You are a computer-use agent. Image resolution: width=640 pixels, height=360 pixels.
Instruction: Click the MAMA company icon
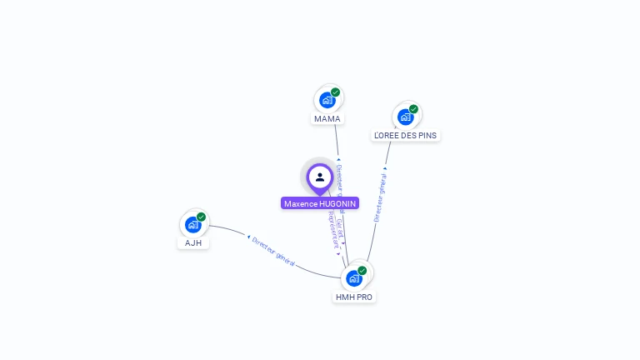coord(327,100)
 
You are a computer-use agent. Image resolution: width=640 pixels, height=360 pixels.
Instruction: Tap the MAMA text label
coord(327,119)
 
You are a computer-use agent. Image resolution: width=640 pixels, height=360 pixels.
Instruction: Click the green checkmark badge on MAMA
coord(335,92)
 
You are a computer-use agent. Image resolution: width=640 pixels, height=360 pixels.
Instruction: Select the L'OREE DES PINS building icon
coord(406,117)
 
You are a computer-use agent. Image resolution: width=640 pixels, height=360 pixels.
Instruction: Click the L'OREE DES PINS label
coord(406,136)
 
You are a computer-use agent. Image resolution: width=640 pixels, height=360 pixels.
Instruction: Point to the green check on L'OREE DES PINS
coord(413,109)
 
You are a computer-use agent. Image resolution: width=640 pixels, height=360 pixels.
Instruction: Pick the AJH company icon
coord(193,224)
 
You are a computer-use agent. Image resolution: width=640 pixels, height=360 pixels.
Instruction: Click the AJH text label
coord(193,243)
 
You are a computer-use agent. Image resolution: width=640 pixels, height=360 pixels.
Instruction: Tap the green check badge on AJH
coord(201,217)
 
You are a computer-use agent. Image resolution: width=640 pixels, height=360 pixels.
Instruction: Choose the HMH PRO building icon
coord(354,277)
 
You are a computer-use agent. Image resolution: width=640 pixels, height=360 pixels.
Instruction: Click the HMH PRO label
coord(354,297)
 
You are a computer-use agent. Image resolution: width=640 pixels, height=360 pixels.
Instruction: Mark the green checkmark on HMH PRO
coord(362,270)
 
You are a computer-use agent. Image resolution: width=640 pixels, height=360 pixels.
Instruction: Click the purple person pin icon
coord(320,177)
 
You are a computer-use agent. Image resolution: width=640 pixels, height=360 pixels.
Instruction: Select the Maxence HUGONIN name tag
coord(320,203)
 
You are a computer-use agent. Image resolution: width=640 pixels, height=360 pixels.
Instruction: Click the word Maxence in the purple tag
coord(300,203)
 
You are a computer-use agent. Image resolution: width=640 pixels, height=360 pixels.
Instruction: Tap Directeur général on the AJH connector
coord(273,252)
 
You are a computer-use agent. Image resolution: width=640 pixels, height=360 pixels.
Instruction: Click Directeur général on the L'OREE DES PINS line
coord(380,197)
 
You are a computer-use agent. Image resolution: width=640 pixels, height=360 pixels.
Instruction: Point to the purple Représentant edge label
coord(333,230)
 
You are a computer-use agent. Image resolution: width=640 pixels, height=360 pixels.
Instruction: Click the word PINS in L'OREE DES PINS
coord(426,136)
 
